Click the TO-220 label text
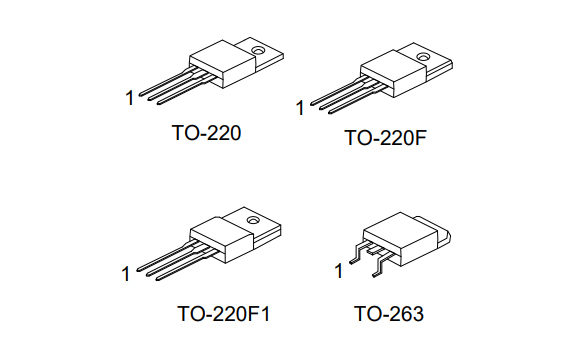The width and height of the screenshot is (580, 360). [x=199, y=131]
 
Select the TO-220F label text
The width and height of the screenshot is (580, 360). [x=385, y=138]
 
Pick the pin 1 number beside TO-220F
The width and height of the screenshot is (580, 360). [x=300, y=107]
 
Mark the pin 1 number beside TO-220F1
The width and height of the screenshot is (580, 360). [x=126, y=272]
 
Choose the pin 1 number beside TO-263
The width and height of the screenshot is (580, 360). [x=338, y=270]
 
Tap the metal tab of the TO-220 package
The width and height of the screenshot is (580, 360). [x=262, y=55]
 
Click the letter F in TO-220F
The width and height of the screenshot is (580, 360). [x=420, y=138]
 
